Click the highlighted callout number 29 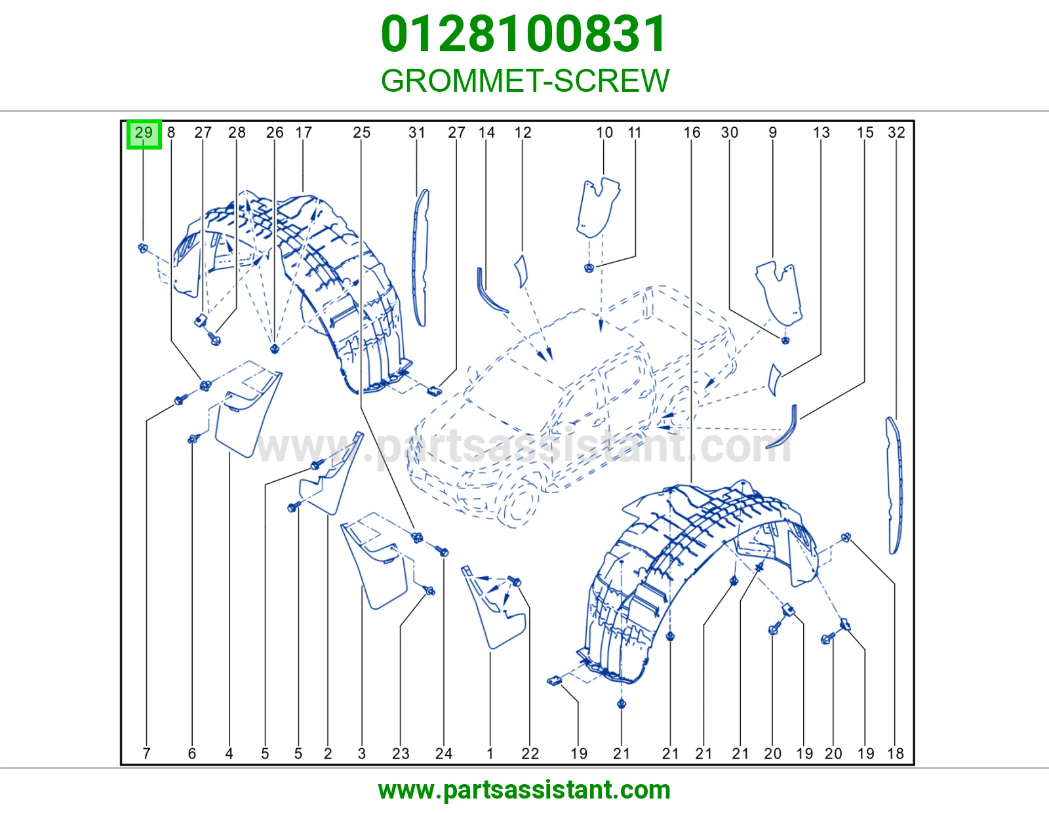coord(144,132)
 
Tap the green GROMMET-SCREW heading coord(524,81)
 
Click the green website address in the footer coord(524,790)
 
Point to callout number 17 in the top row coord(304,132)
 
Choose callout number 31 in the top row coord(416,132)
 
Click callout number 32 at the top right coord(896,132)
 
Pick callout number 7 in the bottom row coord(146,753)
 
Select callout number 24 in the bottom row coord(444,753)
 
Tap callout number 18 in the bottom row coord(896,753)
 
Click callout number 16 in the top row coord(692,132)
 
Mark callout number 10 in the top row coord(604,132)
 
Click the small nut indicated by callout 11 coord(589,268)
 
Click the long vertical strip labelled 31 coord(420,258)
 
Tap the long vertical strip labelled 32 coord(894,485)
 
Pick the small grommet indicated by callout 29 coord(143,248)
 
